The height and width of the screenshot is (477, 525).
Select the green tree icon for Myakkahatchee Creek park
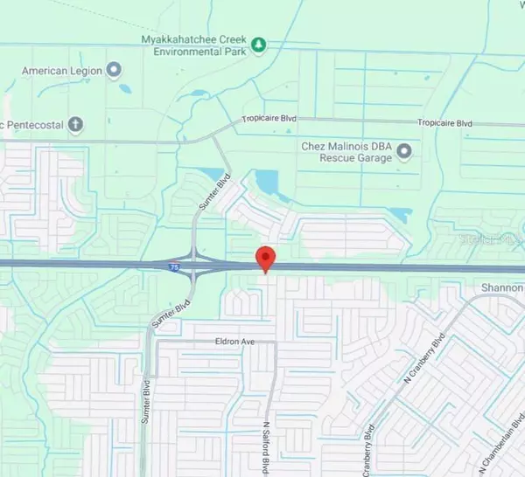[x=258, y=44]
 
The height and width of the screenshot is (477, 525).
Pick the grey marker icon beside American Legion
[x=114, y=70]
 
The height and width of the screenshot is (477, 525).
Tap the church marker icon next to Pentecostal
[x=75, y=124]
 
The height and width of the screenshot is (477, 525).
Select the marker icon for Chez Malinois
[x=403, y=153]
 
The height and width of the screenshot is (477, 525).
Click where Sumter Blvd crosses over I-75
[x=203, y=264]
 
